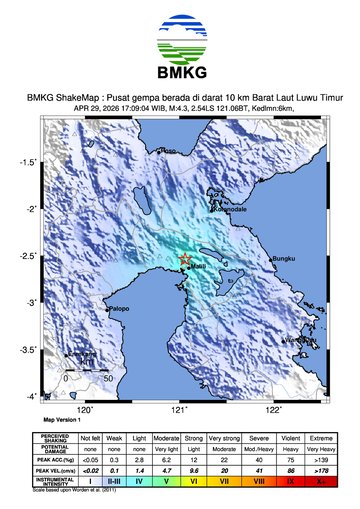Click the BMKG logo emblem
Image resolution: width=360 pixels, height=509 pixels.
point(180,39)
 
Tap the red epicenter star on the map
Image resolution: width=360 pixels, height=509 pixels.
point(185,260)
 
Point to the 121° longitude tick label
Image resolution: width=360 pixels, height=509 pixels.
point(180,409)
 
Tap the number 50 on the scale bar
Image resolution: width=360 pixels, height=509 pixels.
point(107,379)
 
